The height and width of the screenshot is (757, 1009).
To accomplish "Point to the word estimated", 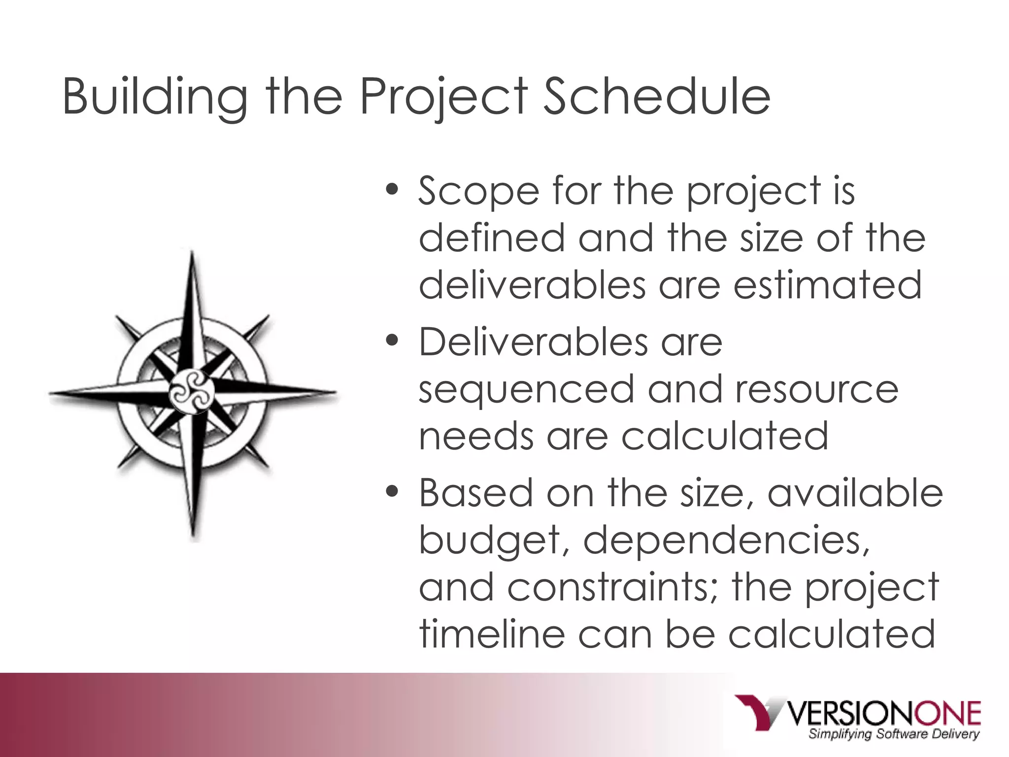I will coord(827,285).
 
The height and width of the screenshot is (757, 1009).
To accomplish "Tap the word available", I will coord(855,493).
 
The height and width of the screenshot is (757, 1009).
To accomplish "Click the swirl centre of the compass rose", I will coord(192,393).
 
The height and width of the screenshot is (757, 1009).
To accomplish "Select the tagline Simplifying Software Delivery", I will coord(893,735).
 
